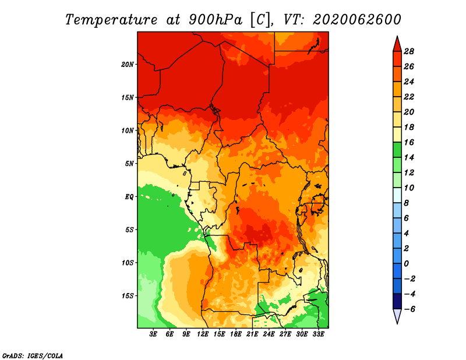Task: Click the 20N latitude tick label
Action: tap(127, 65)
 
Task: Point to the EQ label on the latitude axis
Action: tap(129, 197)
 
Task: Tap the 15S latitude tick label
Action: tap(127, 296)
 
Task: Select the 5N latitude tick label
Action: tap(129, 164)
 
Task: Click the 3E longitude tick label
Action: tap(153, 334)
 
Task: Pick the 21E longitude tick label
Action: tap(252, 334)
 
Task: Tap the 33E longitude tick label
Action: tap(318, 334)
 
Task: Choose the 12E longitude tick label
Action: tap(202, 334)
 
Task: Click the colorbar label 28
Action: tap(409, 51)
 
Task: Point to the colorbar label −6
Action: tap(409, 309)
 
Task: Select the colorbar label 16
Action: tap(409, 142)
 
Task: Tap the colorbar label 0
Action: tap(406, 264)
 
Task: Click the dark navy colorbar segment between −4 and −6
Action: tap(397, 301)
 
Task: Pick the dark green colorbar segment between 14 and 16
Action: tap(397, 150)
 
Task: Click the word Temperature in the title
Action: tap(111, 20)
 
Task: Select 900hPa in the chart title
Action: tap(216, 20)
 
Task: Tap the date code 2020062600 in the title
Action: tap(357, 20)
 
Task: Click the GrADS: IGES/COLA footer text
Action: tap(33, 356)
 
